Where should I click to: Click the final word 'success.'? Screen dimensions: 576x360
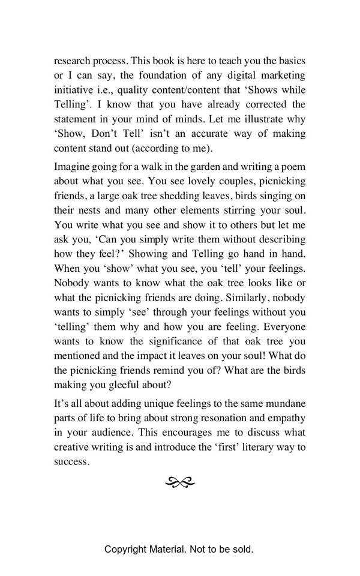pos(72,462)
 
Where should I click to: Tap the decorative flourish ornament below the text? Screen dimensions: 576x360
pos(180,481)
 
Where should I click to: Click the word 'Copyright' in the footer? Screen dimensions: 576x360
pos(127,549)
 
